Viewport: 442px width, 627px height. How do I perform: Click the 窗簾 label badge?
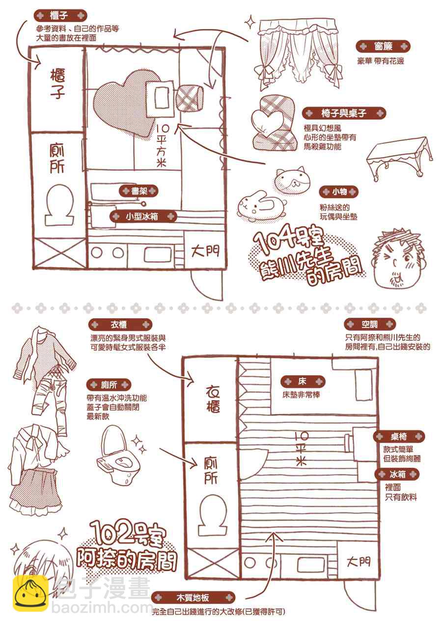[x=383, y=47]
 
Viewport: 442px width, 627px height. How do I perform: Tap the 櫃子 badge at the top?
[x=60, y=16]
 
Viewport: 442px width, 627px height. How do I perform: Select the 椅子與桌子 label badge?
[x=344, y=113]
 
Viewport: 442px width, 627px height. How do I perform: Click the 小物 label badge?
[x=339, y=192]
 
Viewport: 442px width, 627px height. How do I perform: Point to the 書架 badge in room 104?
[x=139, y=191]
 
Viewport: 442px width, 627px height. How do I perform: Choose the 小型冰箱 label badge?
[x=143, y=217]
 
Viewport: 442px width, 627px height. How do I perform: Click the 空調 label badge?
[x=370, y=325]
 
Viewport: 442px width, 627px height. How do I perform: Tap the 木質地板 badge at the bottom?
[x=193, y=598]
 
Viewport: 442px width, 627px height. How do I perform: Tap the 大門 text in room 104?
[x=205, y=251]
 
